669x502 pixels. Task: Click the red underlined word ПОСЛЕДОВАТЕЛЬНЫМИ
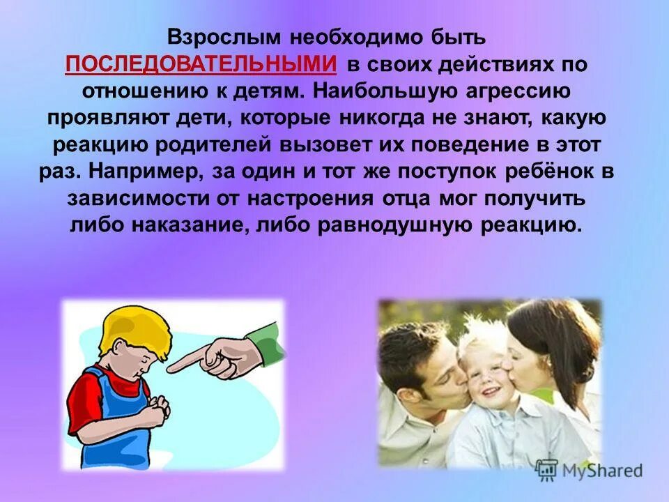pyautogui.click(x=201, y=64)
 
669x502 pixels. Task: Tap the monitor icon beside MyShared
pyautogui.click(x=547, y=469)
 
